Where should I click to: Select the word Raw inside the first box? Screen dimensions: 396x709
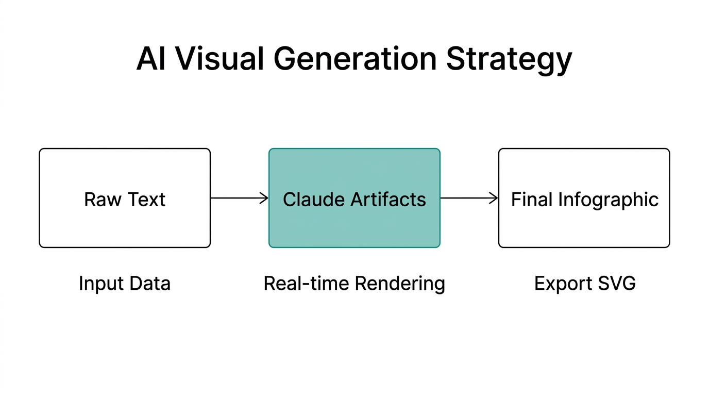point(103,200)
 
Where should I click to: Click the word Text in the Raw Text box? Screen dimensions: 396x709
point(147,200)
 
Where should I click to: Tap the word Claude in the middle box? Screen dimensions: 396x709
point(313,200)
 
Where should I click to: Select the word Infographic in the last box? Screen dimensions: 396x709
point(609,200)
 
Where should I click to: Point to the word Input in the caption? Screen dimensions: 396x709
point(100,284)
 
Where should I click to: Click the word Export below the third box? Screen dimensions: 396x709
point(563,284)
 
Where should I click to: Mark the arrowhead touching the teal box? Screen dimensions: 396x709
point(264,198)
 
